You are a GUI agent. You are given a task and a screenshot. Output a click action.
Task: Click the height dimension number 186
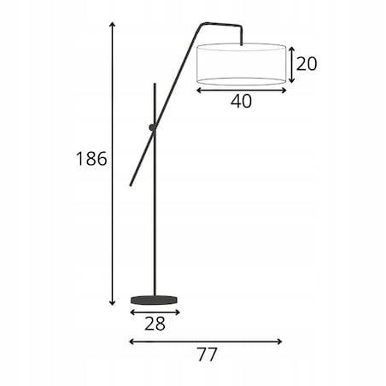91,159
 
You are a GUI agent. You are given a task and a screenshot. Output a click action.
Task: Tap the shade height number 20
307,64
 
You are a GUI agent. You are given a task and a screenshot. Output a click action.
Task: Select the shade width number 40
241,101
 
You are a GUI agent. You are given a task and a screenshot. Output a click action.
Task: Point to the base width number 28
155,324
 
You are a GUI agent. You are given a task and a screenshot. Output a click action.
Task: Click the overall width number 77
208,354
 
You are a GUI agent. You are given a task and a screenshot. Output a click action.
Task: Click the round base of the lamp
154,300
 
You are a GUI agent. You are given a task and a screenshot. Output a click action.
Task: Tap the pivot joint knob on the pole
153,127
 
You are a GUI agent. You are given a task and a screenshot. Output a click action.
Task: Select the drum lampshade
241,64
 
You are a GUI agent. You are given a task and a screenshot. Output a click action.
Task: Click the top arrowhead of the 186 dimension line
113,23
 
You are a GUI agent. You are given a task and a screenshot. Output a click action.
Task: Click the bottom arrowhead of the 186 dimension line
113,304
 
